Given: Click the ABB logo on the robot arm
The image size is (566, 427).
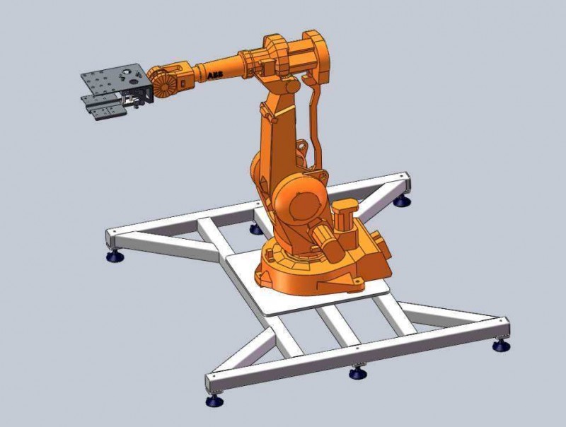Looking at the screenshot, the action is (215, 74).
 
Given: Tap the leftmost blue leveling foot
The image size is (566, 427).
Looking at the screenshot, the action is (115, 257).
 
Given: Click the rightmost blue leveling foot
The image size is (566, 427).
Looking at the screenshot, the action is (501, 346).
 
